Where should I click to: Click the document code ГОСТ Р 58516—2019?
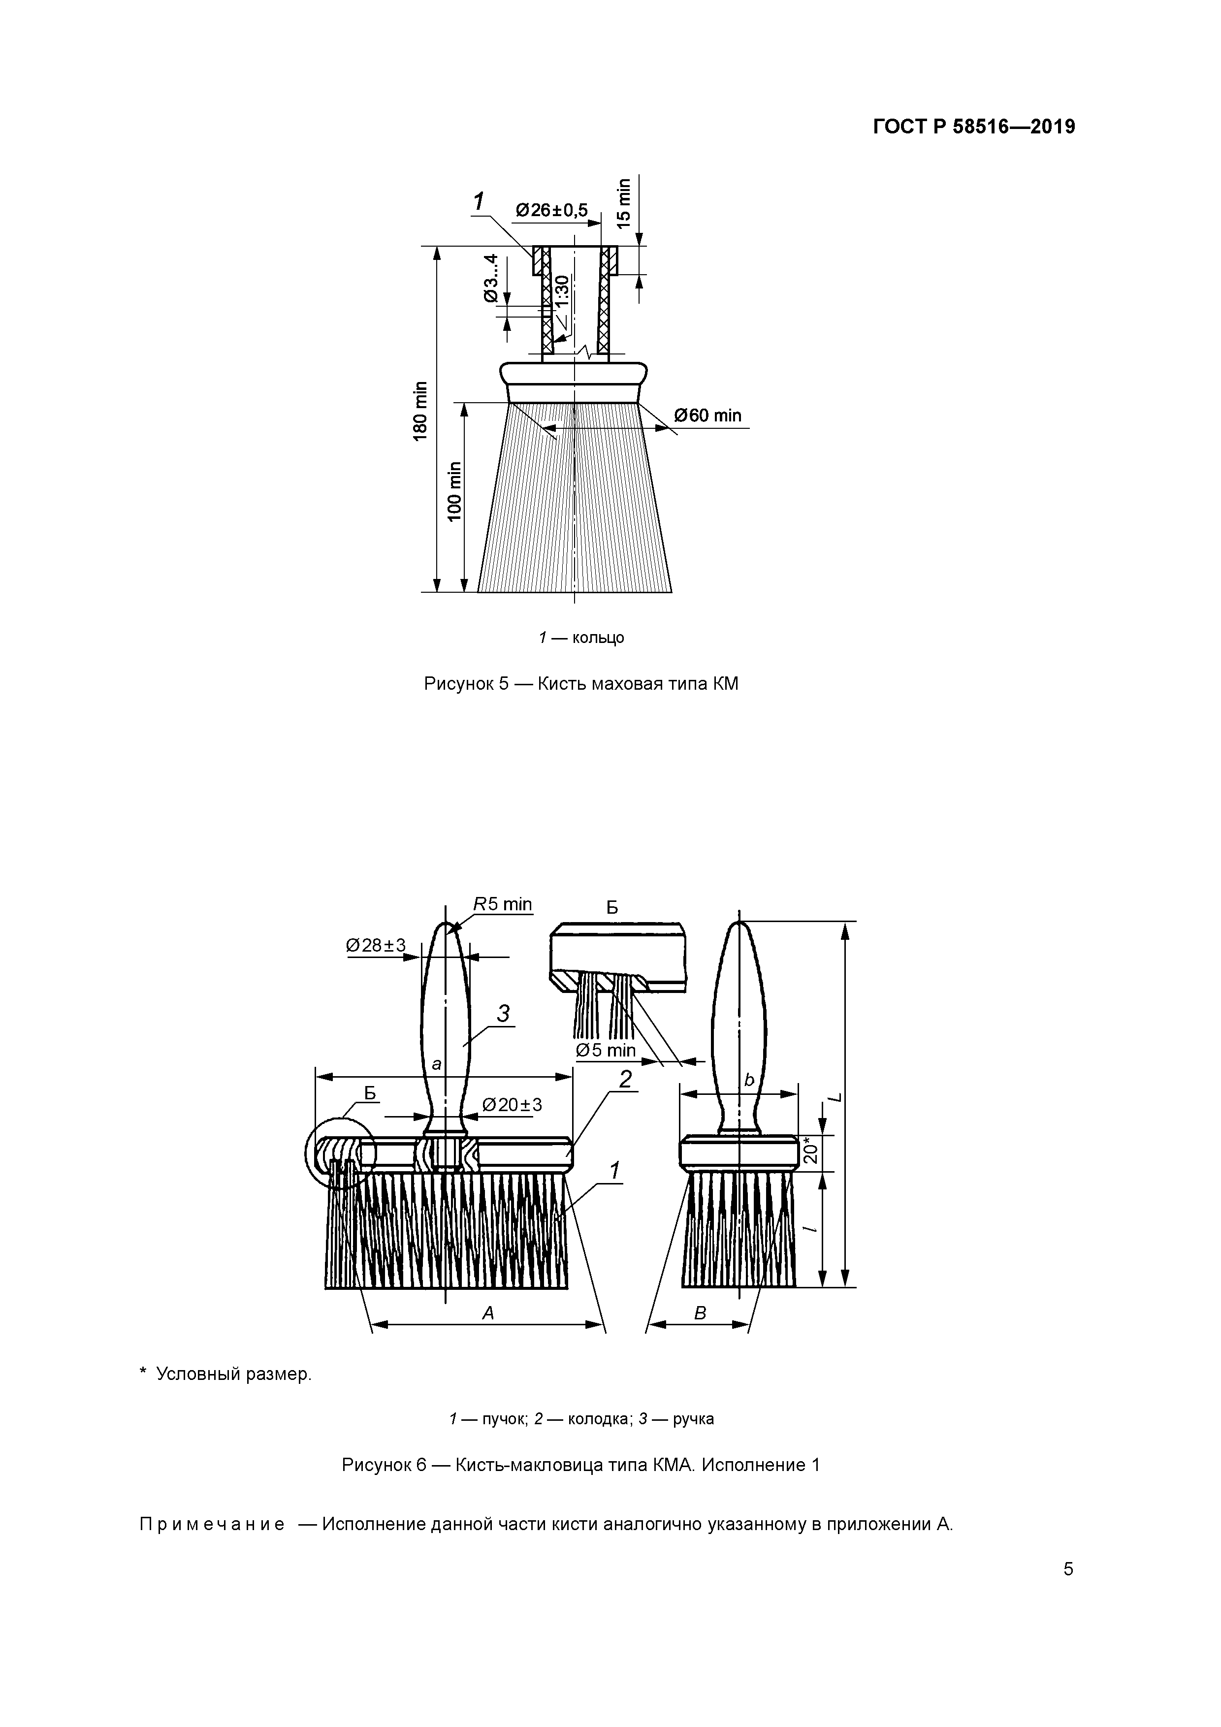pyautogui.click(x=973, y=127)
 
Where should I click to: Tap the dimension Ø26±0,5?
pyautogui.click(x=551, y=210)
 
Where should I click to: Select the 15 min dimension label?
pyautogui.click(x=624, y=203)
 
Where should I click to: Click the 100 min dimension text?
pyautogui.click(x=454, y=490)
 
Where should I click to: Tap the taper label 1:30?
pyautogui.click(x=562, y=291)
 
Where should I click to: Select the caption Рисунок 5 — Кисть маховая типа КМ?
pyautogui.click(x=581, y=684)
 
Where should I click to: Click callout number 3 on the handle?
pyautogui.click(x=503, y=1014)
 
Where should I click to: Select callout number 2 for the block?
pyautogui.click(x=625, y=1079)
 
